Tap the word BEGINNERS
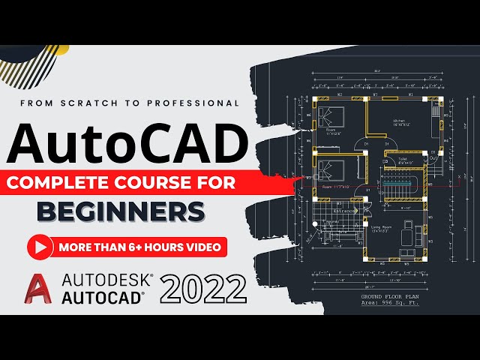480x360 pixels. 121,212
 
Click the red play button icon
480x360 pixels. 40,247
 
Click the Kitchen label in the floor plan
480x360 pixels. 399,121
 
